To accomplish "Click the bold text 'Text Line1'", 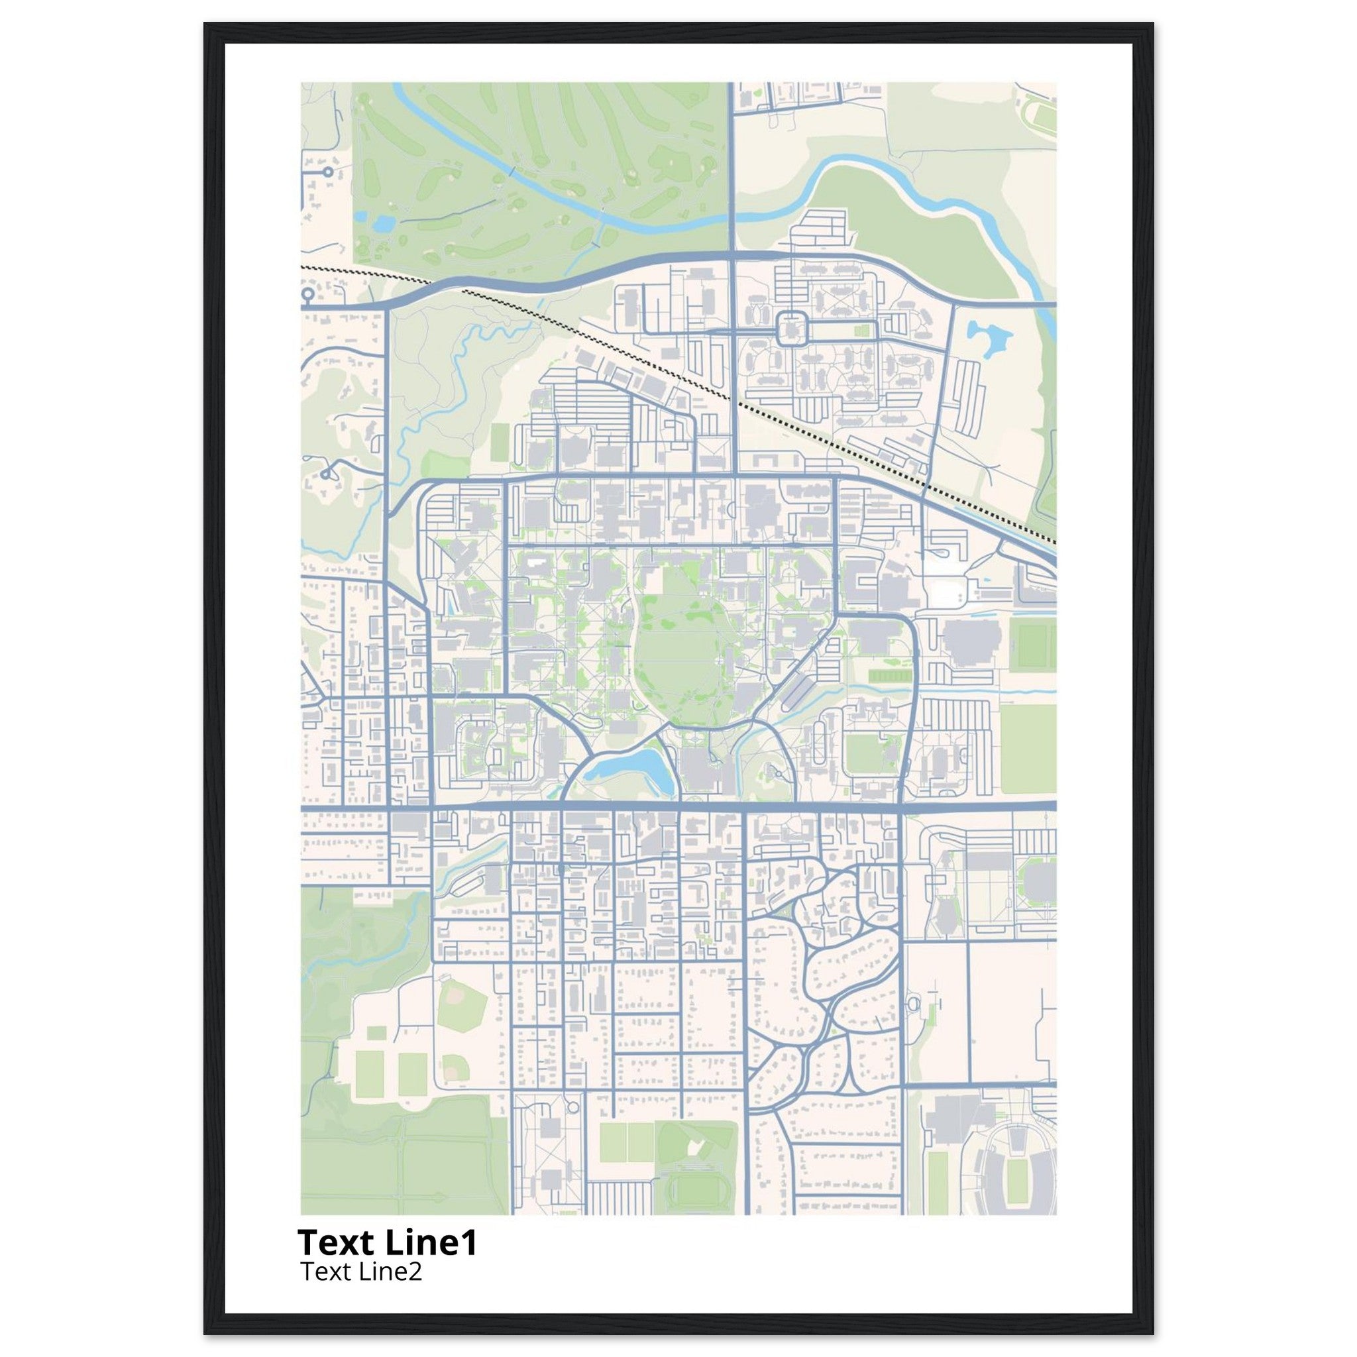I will click(x=387, y=1242).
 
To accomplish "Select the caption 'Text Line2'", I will click(x=361, y=1272).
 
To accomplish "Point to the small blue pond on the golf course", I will click(x=383, y=224).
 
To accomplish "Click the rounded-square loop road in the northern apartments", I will click(x=792, y=328).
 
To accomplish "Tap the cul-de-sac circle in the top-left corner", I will click(x=327, y=171).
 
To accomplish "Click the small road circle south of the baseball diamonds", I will click(x=572, y=1128).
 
